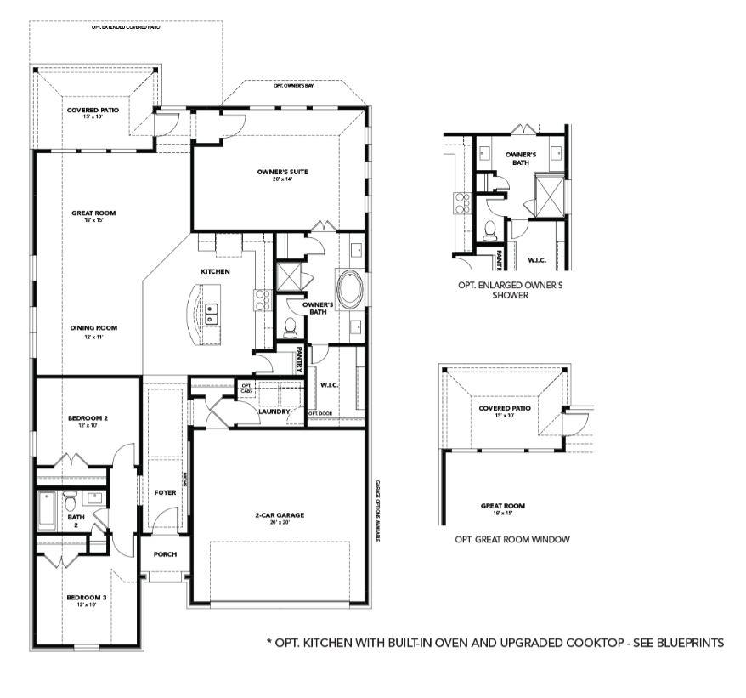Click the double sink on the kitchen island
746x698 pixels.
point(212,315)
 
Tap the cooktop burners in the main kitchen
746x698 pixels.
point(261,298)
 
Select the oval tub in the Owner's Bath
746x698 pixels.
point(350,289)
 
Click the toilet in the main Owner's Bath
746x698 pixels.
point(290,326)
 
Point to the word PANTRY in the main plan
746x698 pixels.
point(300,360)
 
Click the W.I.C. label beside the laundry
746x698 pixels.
point(329,384)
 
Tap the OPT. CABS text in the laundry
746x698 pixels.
point(247,388)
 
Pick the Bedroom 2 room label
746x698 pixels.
point(88,418)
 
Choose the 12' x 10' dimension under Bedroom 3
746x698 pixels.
point(87,606)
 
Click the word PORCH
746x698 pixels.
point(165,554)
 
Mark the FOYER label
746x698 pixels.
point(164,492)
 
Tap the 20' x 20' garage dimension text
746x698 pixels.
point(280,523)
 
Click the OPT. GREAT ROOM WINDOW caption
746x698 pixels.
point(511,539)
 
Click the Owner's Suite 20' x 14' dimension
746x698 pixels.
point(282,179)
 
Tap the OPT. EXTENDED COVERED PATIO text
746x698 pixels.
point(127,28)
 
